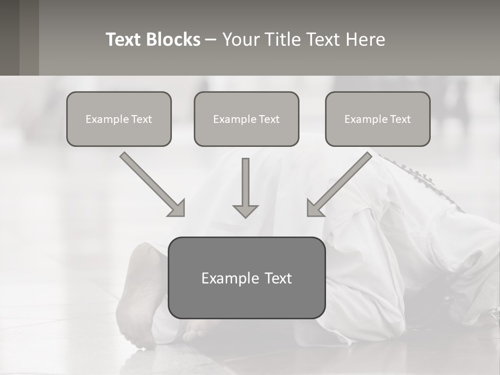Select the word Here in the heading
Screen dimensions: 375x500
click(x=365, y=40)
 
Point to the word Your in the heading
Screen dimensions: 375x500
click(x=241, y=40)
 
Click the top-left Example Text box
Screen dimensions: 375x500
click(x=119, y=119)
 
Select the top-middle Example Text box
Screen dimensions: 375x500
click(x=246, y=119)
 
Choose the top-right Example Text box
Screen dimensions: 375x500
click(x=378, y=119)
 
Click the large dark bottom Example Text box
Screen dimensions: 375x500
click(x=246, y=278)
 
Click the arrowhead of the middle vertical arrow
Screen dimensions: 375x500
click(x=245, y=210)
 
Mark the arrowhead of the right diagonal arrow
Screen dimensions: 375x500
click(x=314, y=208)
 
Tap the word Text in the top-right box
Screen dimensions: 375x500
click(x=400, y=119)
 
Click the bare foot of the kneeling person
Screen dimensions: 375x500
click(x=138, y=297)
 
